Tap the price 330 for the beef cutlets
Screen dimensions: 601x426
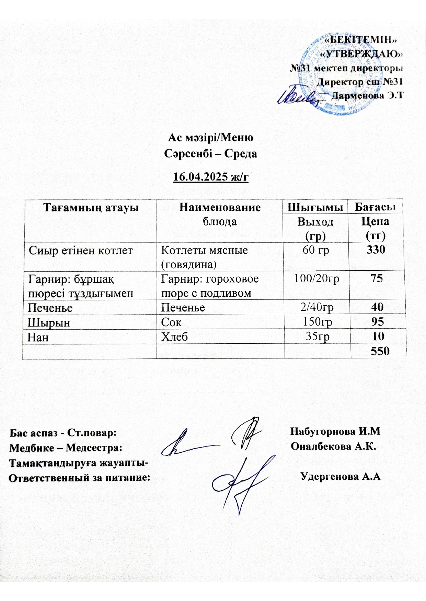pos(376,249)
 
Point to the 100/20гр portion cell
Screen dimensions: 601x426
pos(316,278)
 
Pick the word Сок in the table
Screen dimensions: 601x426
pos(171,322)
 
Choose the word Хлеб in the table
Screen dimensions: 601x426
pos(174,337)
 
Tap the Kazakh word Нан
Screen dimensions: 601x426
pos(38,337)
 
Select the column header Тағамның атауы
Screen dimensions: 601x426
pos(91,207)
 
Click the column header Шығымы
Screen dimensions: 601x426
pos(315,207)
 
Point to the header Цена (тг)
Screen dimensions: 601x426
pos(376,228)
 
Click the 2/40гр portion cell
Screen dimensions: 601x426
pos(317,307)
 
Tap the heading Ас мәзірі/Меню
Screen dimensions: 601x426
pos(210,137)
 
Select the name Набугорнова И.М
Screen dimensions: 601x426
pos(335,431)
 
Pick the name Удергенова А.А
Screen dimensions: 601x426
pos(341,477)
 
